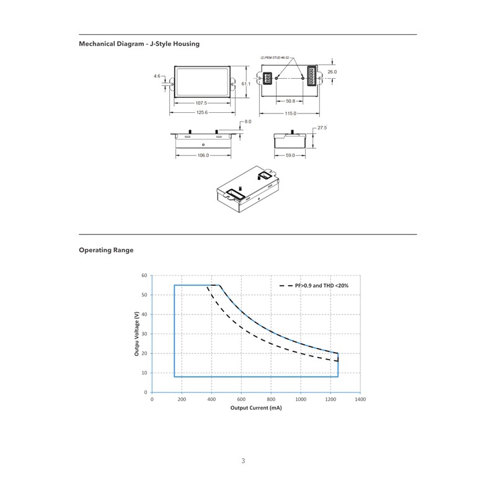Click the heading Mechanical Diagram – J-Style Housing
pyautogui.click(x=139, y=43)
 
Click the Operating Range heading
pyautogui.click(x=106, y=250)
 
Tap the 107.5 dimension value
pyautogui.click(x=201, y=103)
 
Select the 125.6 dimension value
pyautogui.click(x=201, y=112)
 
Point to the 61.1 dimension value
pyautogui.click(x=246, y=83)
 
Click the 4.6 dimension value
pyautogui.click(x=157, y=76)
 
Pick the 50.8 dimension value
pyautogui.click(x=290, y=100)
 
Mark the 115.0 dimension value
pyautogui.click(x=290, y=113)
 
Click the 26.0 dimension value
pyautogui.click(x=332, y=72)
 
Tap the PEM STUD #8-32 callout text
pyautogui.click(x=275, y=57)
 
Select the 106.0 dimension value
pyautogui.click(x=203, y=156)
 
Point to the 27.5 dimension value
pyautogui.click(x=322, y=128)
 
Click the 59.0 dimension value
pyautogui.click(x=290, y=156)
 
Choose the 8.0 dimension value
pyautogui.click(x=248, y=122)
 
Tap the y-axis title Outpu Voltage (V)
pyautogui.click(x=136, y=334)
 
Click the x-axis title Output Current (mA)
pyautogui.click(x=256, y=409)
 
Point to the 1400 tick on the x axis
pyautogui.click(x=360, y=400)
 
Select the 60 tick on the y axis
pyautogui.click(x=144, y=275)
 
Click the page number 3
pyautogui.click(x=243, y=461)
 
